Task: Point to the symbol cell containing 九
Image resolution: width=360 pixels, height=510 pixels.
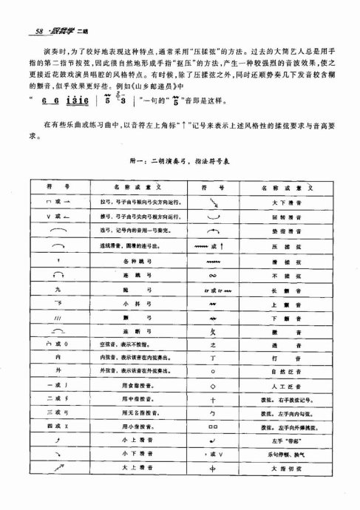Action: [57, 308]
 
